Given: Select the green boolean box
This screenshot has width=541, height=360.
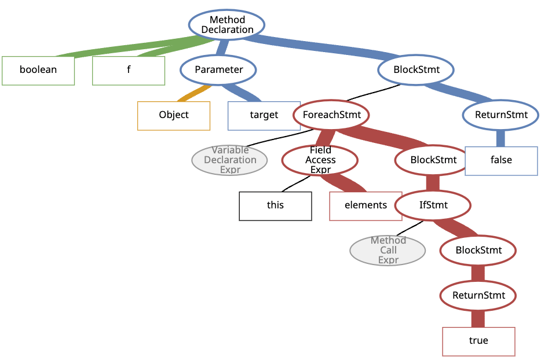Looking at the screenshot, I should (x=38, y=71).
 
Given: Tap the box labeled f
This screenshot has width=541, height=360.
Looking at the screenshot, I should (x=129, y=71).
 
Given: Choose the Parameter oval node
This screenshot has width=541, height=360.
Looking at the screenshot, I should (x=218, y=70).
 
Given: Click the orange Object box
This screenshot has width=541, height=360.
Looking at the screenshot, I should (x=174, y=115).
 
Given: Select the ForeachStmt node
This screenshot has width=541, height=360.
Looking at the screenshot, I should (x=331, y=115).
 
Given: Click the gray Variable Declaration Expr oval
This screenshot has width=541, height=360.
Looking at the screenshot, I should (x=229, y=160).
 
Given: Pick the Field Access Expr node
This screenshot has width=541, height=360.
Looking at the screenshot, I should (x=320, y=160).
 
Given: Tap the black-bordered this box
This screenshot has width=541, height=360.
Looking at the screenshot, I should (x=275, y=205).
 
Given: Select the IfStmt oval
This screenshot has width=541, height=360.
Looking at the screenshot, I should (x=433, y=205).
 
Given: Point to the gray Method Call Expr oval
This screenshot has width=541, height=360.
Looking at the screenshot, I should (x=388, y=251).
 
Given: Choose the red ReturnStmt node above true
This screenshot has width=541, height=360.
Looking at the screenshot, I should (x=478, y=296).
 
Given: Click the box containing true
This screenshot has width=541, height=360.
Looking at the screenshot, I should (x=478, y=341).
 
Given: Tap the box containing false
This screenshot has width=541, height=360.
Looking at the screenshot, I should (x=501, y=160).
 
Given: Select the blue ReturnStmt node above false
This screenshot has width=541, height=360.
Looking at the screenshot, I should (x=501, y=115).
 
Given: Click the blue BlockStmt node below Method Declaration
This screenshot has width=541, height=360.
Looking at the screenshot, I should (x=416, y=70).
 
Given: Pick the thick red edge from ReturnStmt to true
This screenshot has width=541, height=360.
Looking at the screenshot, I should (x=478, y=318).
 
